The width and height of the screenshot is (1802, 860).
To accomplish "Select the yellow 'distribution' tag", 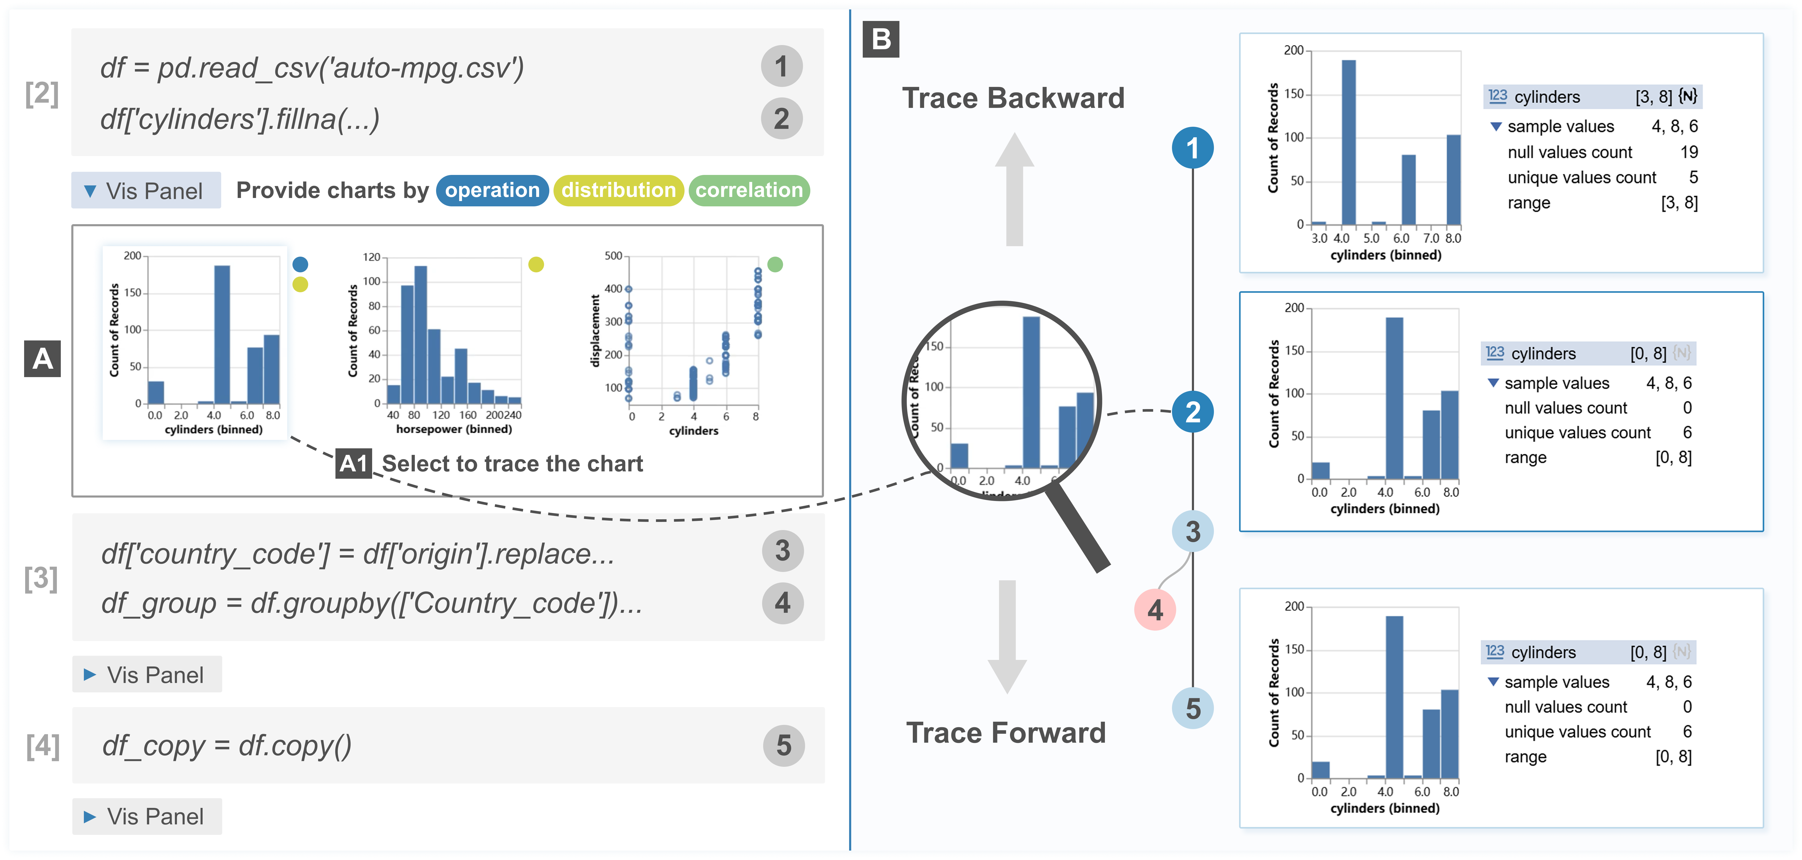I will click(618, 190).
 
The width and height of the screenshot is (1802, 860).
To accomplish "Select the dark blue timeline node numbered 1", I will click(1193, 147).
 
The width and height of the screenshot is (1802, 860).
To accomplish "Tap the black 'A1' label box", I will click(353, 464).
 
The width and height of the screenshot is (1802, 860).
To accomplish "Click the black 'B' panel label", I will click(881, 39).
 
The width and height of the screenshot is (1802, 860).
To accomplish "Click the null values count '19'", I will click(1689, 152).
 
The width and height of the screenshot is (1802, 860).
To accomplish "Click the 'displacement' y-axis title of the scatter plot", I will click(595, 330).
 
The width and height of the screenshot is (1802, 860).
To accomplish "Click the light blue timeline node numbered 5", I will click(1193, 708).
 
